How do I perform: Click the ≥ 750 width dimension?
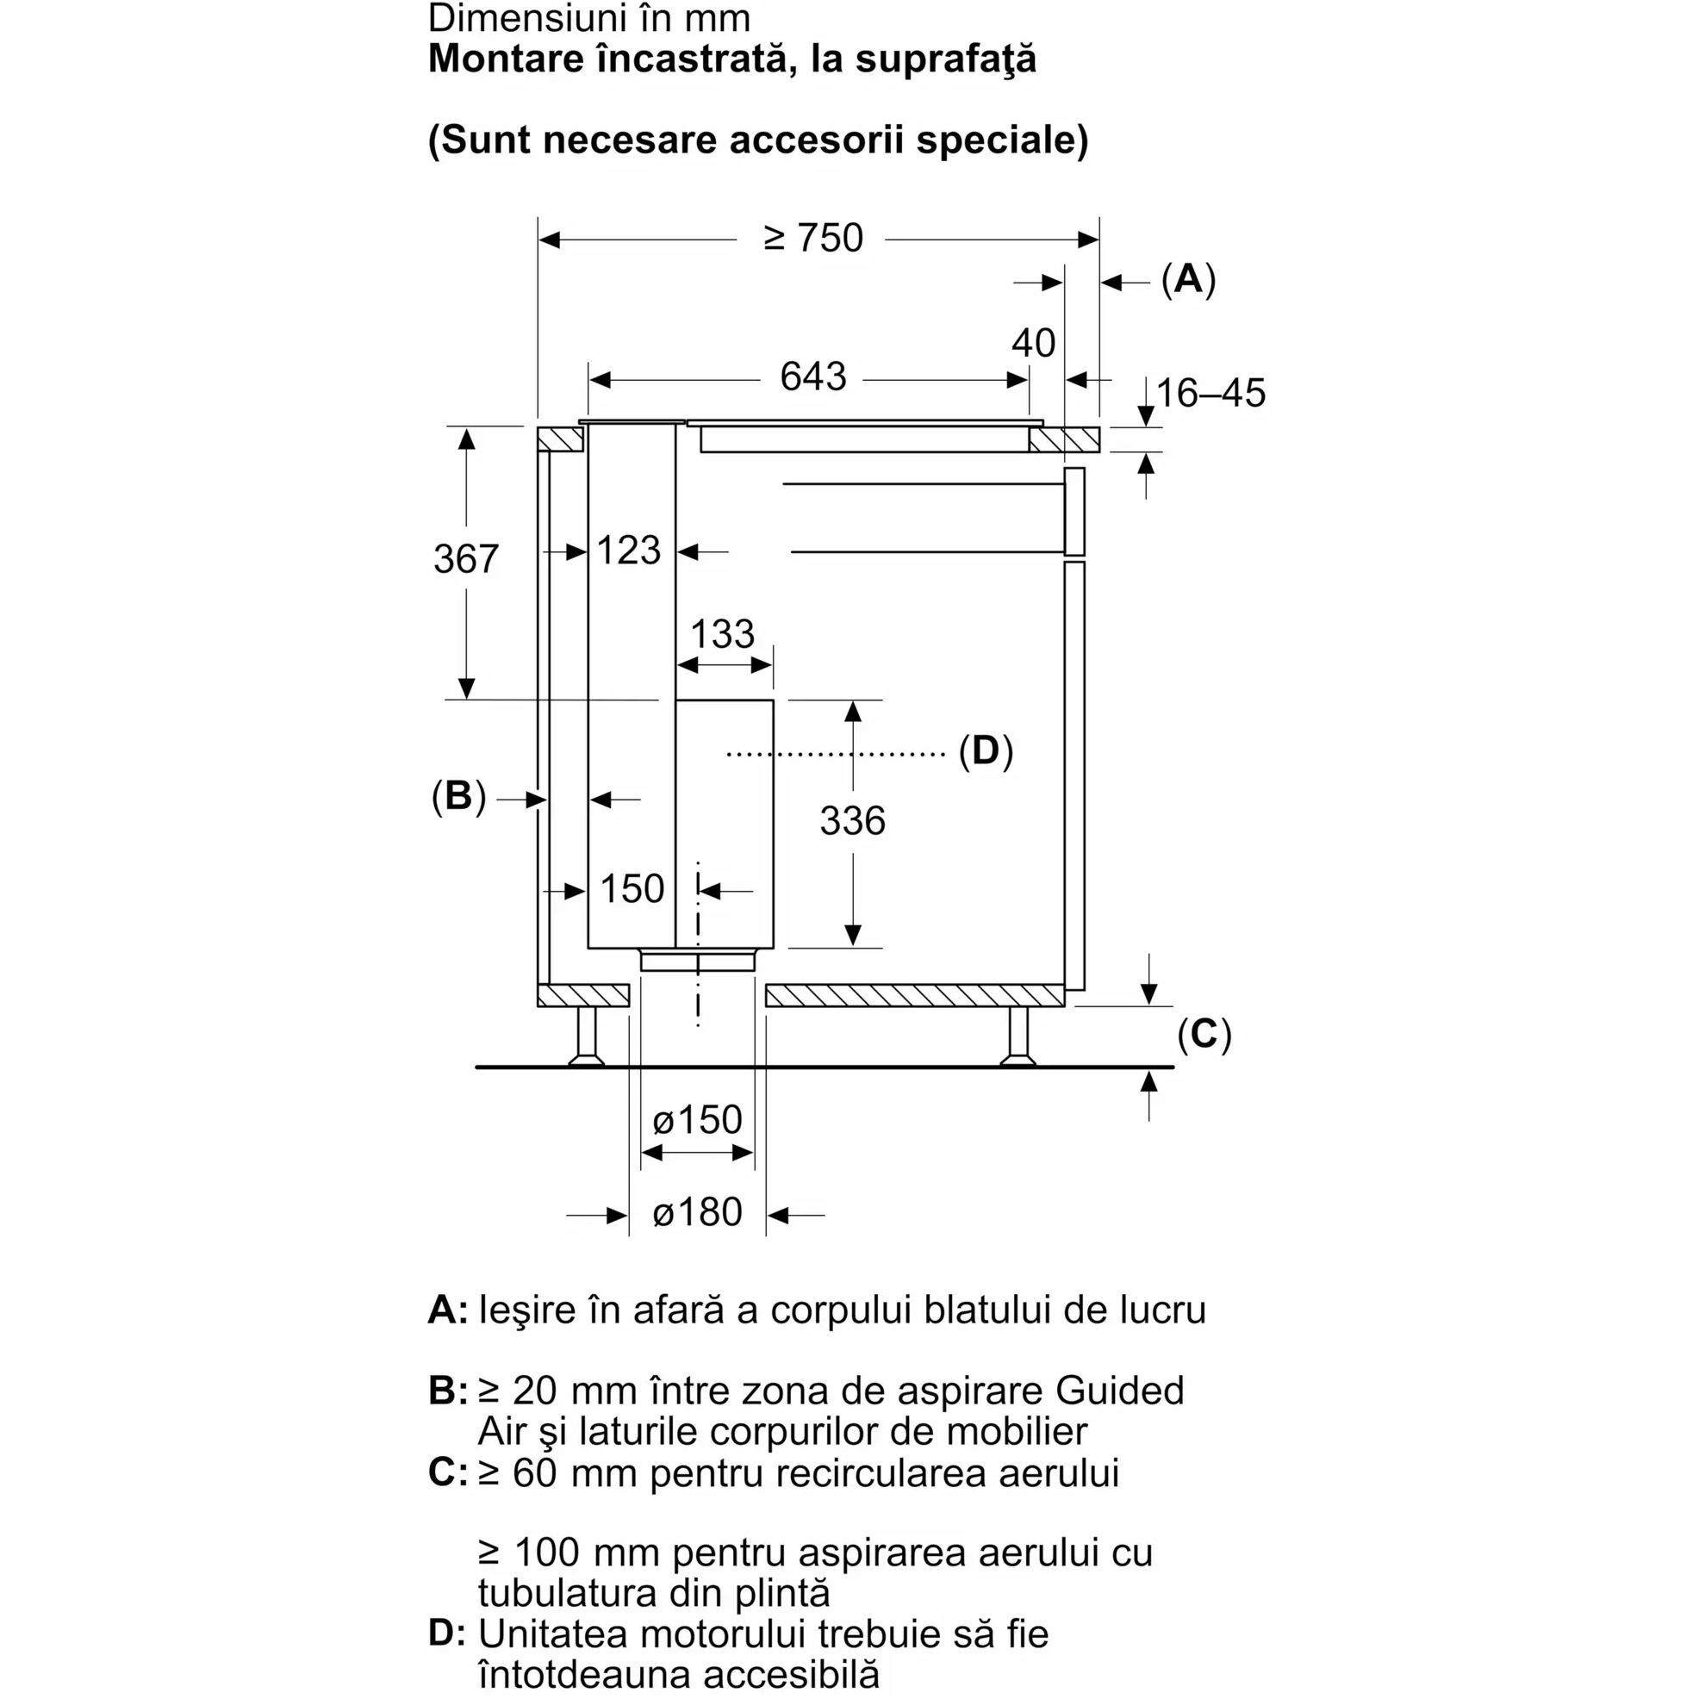pos(812,239)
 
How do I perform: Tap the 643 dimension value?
pos(812,377)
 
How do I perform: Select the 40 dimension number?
pos(1032,343)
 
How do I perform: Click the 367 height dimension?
pos(465,558)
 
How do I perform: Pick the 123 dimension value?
pos(628,551)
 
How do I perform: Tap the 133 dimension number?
pos(722,634)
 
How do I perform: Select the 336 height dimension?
pos(852,821)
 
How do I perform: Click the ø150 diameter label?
pos(697,1119)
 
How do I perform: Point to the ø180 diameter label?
pos(697,1213)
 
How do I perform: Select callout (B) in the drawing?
pos(458,796)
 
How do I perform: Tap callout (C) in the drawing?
pos(1204,1034)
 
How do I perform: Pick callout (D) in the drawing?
pos(985,751)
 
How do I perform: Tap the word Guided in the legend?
pos(1119,1391)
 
